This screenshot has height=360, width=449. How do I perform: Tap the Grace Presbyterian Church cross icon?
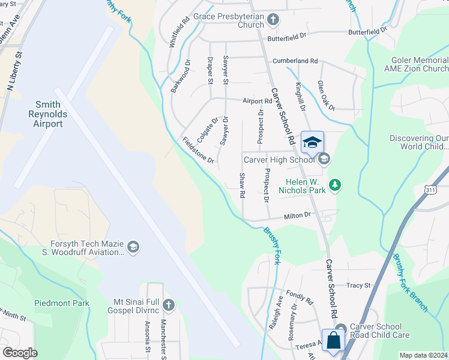pos(273,20)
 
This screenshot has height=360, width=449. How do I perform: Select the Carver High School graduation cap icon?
pos(325,159)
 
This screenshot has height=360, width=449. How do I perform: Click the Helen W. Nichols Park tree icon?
pos(336,185)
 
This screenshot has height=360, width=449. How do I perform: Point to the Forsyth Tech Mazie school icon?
pos(133,247)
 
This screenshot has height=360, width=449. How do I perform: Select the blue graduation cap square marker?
pos(312,143)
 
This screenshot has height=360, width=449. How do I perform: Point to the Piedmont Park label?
pos(61,303)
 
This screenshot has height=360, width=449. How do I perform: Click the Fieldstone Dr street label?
pos(199,151)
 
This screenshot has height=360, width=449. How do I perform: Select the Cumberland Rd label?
pos(295,61)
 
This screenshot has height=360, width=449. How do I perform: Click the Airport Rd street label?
pos(258,101)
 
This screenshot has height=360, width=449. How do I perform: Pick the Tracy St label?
pos(359,286)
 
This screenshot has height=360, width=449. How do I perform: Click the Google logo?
pos(20,353)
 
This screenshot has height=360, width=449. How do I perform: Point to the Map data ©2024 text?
pos(423,355)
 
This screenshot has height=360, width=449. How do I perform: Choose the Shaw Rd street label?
pos(243,186)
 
